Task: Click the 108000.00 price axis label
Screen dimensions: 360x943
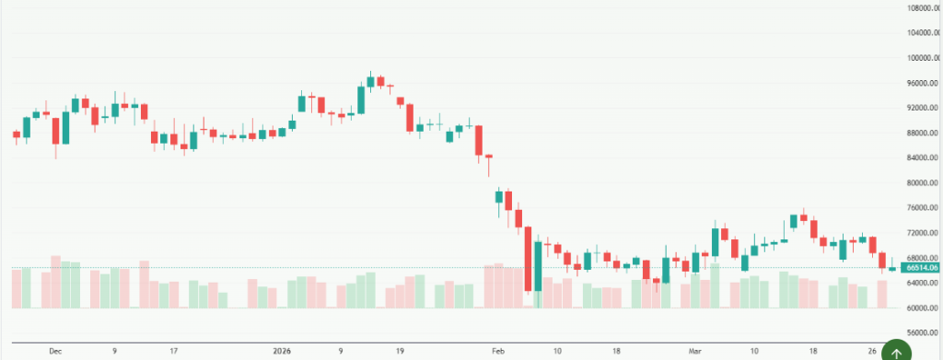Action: point(924,8)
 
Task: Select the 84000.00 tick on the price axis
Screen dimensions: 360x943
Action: point(924,158)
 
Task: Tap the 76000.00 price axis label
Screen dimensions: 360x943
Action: point(924,208)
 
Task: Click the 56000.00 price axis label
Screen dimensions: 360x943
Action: point(924,332)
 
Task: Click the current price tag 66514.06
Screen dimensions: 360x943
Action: point(924,267)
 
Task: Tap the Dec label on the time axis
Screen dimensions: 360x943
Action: point(55,351)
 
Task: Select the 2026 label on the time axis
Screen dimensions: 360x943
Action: point(282,351)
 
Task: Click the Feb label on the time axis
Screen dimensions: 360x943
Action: point(498,351)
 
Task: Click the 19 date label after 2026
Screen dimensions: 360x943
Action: point(400,351)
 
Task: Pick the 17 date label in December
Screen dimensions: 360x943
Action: point(173,351)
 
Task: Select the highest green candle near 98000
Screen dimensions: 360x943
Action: point(370,82)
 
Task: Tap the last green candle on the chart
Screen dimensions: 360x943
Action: point(892,268)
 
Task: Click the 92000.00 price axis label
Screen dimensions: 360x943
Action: point(924,109)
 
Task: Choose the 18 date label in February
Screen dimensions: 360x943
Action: point(616,351)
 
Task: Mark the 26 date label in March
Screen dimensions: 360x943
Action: point(871,351)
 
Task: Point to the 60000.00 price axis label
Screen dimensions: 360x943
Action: point(924,308)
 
